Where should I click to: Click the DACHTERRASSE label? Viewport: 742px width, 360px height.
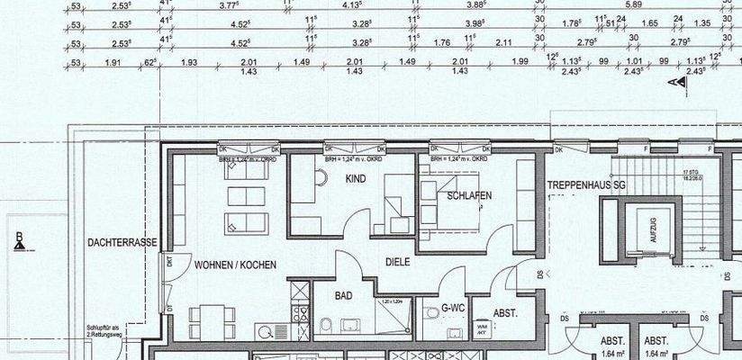click(122, 243)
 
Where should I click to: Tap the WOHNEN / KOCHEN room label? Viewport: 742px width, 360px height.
click(235, 265)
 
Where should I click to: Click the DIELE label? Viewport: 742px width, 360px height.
click(397, 262)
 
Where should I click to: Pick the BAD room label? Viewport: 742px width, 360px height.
click(343, 295)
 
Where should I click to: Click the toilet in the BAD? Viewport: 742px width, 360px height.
click(326, 325)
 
